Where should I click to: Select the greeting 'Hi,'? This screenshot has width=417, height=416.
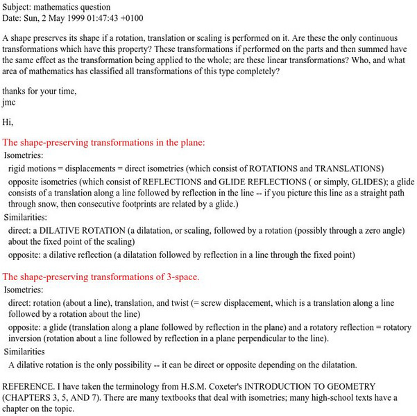pyautogui.click(x=8, y=122)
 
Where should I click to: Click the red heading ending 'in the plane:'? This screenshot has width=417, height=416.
pyautogui.click(x=104, y=142)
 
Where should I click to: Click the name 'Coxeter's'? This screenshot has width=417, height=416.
pyautogui.click(x=226, y=386)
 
